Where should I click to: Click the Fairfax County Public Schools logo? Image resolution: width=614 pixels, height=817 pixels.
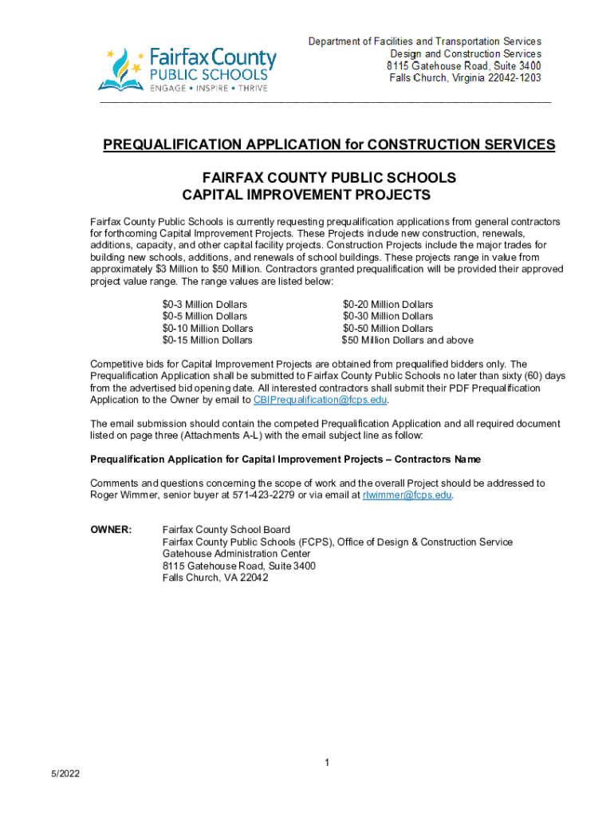point(187,69)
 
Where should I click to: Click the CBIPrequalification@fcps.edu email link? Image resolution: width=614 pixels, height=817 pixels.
point(321,400)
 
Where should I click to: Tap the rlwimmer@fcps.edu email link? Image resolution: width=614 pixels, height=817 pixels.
point(407,495)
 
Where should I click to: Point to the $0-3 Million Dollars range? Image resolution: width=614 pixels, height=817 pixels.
point(205,305)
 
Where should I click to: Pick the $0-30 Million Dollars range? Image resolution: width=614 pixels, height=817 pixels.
point(388,317)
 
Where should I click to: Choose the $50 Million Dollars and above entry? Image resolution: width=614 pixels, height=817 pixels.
point(407,341)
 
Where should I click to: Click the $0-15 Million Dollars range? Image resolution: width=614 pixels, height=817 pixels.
point(207,341)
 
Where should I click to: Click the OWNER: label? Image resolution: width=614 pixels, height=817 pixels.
point(111,530)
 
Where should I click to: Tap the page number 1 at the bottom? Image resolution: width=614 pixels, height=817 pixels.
point(327,764)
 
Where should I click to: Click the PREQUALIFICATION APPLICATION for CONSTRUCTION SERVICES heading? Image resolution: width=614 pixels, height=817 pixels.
point(329,144)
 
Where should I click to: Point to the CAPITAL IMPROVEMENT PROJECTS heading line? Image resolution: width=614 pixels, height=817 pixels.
point(306,195)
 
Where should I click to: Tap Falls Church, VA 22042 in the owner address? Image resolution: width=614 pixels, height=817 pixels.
point(215,578)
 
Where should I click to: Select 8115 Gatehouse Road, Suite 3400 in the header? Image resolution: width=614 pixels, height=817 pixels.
point(464,65)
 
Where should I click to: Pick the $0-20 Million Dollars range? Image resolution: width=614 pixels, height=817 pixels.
point(388,305)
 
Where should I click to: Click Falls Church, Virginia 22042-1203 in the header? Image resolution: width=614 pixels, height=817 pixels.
point(465,77)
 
